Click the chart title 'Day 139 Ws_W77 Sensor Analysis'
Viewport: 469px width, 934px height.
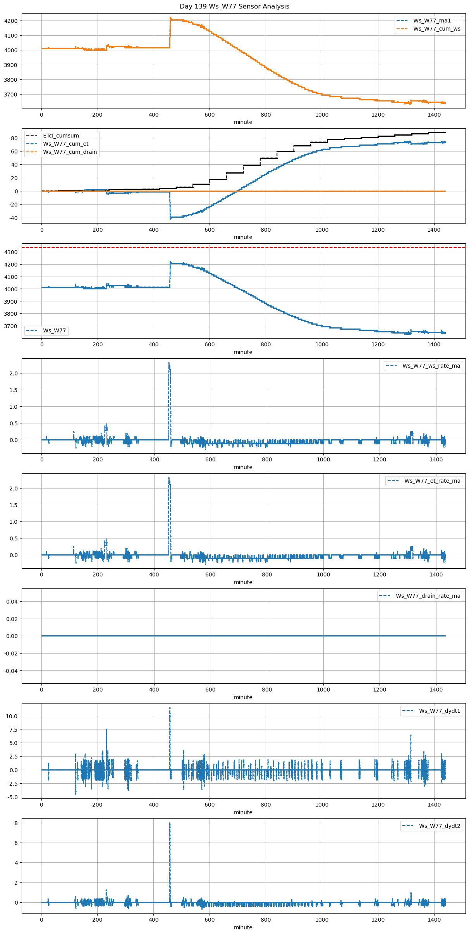[234, 7]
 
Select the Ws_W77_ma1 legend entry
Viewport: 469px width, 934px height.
[432, 21]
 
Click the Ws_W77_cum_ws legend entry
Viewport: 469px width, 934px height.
[436, 29]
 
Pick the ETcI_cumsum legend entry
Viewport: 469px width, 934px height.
[61, 136]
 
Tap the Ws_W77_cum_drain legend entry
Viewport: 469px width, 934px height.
[70, 152]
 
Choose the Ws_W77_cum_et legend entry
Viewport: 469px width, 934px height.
[65, 144]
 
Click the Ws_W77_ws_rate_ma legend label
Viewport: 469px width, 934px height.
[431, 366]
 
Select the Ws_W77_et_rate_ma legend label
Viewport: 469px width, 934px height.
[432, 481]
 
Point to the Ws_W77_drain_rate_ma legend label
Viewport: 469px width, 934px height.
[428, 596]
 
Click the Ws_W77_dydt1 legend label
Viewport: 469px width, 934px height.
[440, 711]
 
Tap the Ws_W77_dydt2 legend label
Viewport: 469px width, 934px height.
[440, 826]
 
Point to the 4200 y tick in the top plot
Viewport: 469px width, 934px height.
[11, 21]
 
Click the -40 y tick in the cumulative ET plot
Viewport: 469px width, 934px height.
[13, 218]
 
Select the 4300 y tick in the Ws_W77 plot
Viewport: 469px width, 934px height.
[11, 252]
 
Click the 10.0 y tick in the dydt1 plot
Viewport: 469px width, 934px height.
[12, 716]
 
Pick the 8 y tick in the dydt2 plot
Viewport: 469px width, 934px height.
[16, 823]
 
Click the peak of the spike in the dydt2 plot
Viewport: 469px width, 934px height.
[170, 823]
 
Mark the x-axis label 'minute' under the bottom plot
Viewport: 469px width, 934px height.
[243, 927]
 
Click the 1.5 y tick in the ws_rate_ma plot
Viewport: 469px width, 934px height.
[14, 390]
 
